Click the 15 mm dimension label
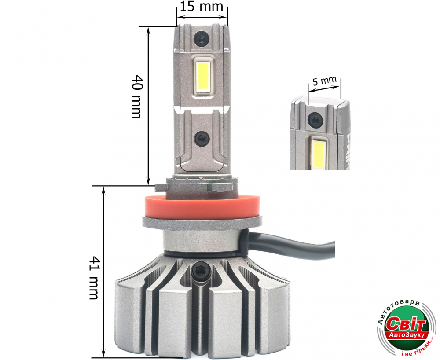point(202,7)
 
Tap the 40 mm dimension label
point(136,96)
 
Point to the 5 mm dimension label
point(325,81)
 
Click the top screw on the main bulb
point(201,39)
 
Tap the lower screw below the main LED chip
point(201,138)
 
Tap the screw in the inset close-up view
point(315,120)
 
